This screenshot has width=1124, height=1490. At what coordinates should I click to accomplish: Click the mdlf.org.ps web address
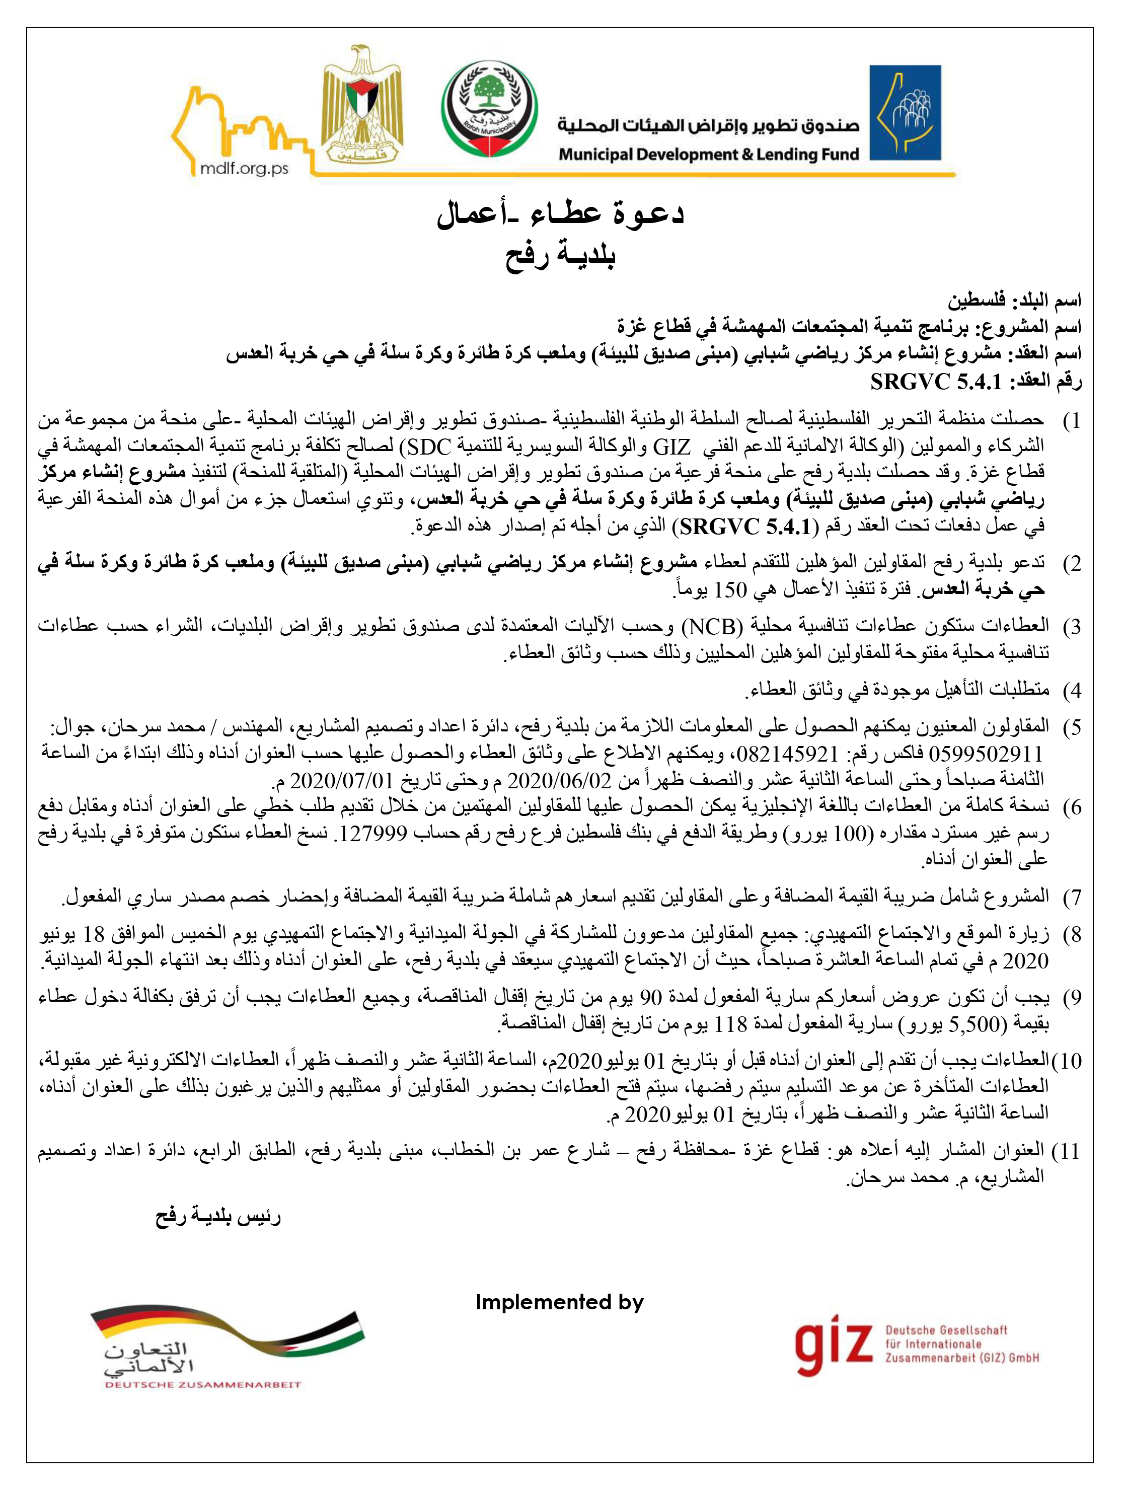pyautogui.click(x=244, y=169)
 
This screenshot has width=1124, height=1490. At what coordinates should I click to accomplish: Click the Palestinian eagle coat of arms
pyautogui.click(x=361, y=106)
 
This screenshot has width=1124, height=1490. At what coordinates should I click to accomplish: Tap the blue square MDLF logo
pyautogui.click(x=905, y=112)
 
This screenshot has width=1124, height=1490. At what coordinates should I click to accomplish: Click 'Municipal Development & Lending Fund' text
pyautogui.click(x=708, y=154)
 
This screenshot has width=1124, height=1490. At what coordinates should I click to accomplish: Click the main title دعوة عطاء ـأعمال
pyautogui.click(x=560, y=214)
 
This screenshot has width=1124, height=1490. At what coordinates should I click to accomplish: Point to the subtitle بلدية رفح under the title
pyautogui.click(x=560, y=255)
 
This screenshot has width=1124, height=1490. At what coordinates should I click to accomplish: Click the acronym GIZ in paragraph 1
pyautogui.click(x=671, y=446)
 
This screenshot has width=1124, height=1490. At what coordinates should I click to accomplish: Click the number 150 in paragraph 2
pyautogui.click(x=730, y=589)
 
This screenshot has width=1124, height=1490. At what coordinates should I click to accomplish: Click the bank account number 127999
pyautogui.click(x=372, y=833)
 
